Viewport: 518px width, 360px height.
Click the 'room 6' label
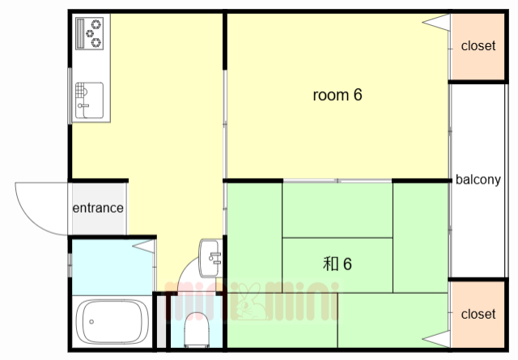point(338,95)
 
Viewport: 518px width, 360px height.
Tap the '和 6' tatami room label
point(337,264)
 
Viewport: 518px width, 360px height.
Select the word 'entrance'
point(98,208)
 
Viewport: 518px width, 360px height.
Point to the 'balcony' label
point(478,180)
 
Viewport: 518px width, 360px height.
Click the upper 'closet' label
point(478,46)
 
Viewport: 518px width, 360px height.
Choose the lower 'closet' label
point(478,314)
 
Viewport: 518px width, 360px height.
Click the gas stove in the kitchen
point(90,33)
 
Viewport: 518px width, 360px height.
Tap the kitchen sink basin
point(89,100)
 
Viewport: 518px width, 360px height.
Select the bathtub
point(112,322)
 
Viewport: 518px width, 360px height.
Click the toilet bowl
point(197,329)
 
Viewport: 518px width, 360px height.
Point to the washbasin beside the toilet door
point(210,259)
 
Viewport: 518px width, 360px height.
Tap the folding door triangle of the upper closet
point(436,23)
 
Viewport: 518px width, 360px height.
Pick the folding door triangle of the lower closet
point(436,339)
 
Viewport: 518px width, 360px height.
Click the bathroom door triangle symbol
point(144,246)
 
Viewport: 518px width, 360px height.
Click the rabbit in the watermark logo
point(249,303)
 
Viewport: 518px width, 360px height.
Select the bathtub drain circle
point(91,322)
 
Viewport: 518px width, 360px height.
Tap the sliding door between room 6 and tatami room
point(338,180)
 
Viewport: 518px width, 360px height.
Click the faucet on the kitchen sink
point(83,106)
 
